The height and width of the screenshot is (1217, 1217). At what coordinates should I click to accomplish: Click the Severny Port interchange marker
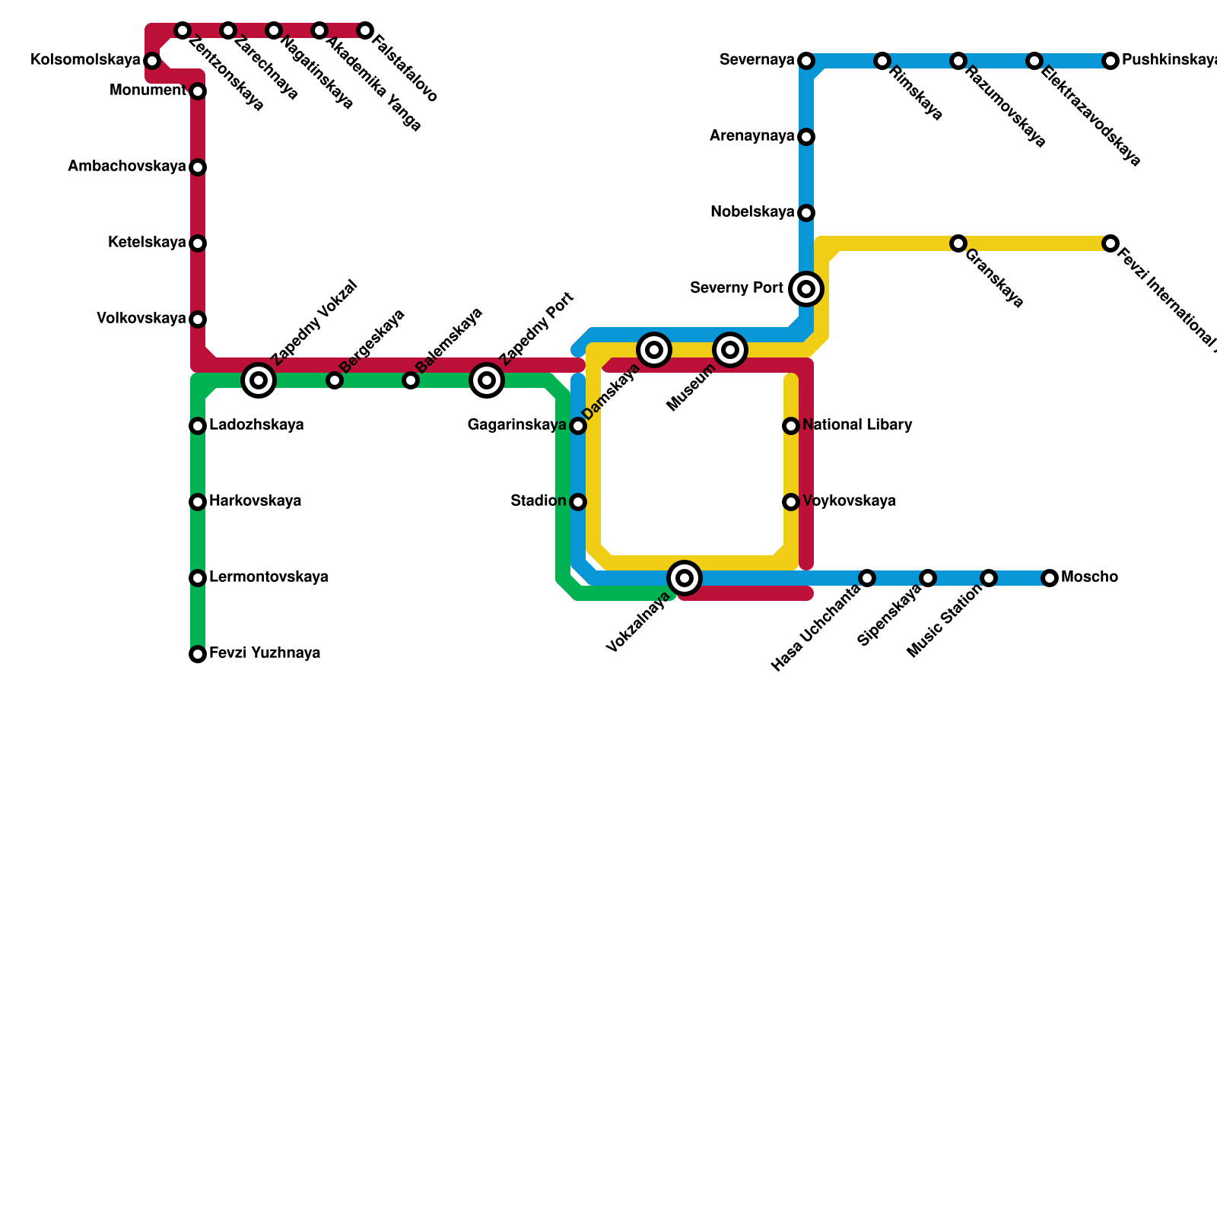tap(806, 289)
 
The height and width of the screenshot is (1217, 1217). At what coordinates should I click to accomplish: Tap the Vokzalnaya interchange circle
tap(685, 578)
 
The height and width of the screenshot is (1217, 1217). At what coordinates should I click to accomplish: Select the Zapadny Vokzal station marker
tap(259, 380)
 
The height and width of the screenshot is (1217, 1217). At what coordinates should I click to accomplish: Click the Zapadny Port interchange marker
tap(487, 380)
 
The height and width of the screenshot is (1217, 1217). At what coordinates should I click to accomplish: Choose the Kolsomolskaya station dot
tap(152, 61)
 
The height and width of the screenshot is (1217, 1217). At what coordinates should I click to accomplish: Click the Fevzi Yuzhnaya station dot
tap(198, 654)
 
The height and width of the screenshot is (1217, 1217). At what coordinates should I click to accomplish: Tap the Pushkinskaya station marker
tap(1111, 61)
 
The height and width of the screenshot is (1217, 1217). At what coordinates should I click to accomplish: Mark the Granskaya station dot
tap(958, 243)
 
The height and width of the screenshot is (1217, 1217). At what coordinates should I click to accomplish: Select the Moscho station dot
tap(1050, 578)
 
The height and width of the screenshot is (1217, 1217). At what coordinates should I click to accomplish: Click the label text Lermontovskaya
tap(269, 577)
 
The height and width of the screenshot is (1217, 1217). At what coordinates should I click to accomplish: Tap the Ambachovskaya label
tap(126, 167)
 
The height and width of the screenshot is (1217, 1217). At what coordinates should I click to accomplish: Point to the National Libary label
tap(857, 425)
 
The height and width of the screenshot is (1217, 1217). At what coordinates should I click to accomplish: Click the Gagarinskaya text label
tap(516, 425)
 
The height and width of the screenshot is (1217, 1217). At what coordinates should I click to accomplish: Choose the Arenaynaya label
tap(751, 136)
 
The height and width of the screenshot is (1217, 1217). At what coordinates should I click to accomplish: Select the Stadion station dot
tap(578, 502)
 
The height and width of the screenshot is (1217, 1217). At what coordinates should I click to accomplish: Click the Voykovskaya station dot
tap(791, 502)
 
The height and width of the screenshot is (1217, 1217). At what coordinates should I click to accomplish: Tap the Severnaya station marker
tap(806, 61)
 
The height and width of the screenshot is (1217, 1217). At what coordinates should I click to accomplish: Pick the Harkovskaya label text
tap(255, 501)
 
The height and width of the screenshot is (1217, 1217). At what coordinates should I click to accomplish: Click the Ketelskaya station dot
tap(198, 243)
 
